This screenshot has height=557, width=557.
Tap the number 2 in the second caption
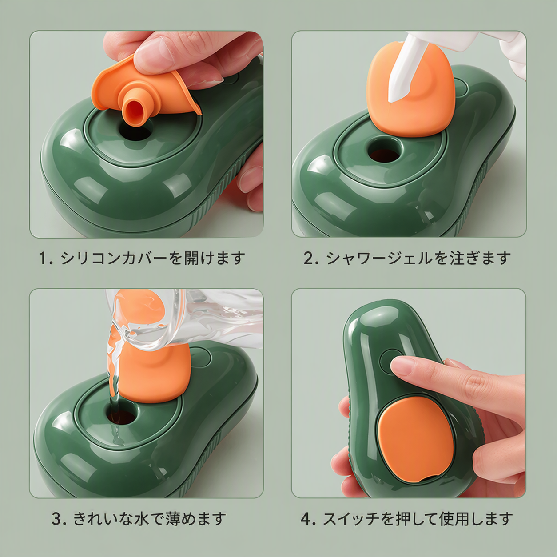308,258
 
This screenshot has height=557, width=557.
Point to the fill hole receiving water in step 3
122,415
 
